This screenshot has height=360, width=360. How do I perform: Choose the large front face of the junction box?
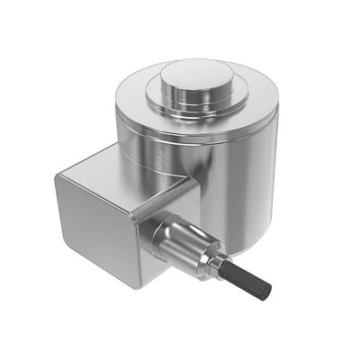[90, 229]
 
